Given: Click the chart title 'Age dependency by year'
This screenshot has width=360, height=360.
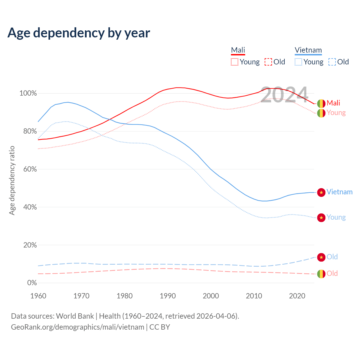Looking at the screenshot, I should [79, 33].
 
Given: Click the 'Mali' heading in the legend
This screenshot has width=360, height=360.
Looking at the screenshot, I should [238, 50].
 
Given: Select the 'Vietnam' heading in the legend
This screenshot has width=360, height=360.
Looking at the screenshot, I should [308, 50].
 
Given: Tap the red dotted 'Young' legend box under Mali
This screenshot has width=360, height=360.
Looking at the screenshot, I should [235, 62].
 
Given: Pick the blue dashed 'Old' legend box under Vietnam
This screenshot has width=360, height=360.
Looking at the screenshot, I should [332, 62].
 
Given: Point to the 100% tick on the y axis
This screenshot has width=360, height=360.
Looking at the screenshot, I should [28, 93].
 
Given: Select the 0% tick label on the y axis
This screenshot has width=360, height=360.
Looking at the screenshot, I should [32, 283].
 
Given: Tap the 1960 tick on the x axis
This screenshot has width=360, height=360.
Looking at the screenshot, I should [38, 296].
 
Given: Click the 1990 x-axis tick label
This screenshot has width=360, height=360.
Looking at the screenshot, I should [168, 296].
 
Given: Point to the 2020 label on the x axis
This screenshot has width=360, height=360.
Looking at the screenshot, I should [297, 296].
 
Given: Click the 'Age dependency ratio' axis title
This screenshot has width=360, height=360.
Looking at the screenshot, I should [12, 180].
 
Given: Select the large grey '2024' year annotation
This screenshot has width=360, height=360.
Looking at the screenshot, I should [284, 95].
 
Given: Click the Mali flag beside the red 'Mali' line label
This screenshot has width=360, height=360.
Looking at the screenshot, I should [321, 103].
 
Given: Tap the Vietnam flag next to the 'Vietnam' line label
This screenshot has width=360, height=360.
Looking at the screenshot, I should [321, 192].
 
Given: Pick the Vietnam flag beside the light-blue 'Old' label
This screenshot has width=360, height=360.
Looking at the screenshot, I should [321, 257].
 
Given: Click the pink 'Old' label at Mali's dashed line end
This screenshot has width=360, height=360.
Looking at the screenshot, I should [332, 273].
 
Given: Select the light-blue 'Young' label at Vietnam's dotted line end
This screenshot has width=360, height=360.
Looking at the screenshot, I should [336, 217].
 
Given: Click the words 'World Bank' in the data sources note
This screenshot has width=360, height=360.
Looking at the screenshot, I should [75, 316].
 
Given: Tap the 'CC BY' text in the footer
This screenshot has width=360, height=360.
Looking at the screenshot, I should [160, 327].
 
